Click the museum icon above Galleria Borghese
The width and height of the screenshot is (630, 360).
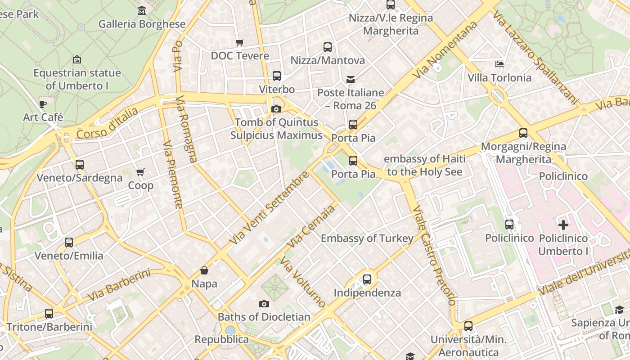coord(142,10)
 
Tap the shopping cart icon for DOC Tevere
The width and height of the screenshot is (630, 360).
coord(240,42)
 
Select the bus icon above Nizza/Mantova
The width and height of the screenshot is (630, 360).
coord(328,47)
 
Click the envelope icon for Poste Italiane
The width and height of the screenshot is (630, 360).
coord(351,80)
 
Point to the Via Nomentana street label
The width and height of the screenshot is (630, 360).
coord(445,50)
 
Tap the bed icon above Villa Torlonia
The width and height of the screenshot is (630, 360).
coord(499,64)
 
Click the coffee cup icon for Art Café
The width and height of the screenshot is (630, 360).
coord(43,104)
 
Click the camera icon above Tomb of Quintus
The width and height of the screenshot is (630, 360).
coord(276,109)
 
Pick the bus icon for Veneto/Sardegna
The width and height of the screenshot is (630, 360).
coord(80,165)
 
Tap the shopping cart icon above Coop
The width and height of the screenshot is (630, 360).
coord(140,172)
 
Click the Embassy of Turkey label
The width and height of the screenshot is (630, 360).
coord(367,238)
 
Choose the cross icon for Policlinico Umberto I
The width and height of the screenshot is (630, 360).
coord(563,225)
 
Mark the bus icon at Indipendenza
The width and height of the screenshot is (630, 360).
coord(367,279)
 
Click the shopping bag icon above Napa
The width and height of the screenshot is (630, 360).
coord(204,270)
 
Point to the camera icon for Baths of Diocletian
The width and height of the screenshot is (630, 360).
coord(264,304)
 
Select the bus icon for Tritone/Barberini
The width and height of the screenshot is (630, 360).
coord(49,314)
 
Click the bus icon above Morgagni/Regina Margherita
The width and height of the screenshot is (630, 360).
coord(523,133)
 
